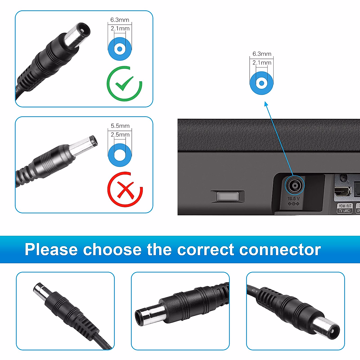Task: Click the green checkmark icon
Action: [x=124, y=84]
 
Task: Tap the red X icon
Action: [x=125, y=190]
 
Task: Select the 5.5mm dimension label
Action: [x=120, y=126]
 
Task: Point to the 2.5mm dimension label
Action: [x=120, y=135]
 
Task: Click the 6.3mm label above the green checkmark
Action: [x=119, y=20]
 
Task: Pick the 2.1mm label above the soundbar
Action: [x=262, y=63]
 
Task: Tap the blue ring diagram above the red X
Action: [x=120, y=155]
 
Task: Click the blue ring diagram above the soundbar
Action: [x=262, y=83]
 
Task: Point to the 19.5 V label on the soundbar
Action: [x=293, y=198]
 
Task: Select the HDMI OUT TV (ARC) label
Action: [x=345, y=208]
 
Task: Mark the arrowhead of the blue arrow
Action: [x=266, y=104]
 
